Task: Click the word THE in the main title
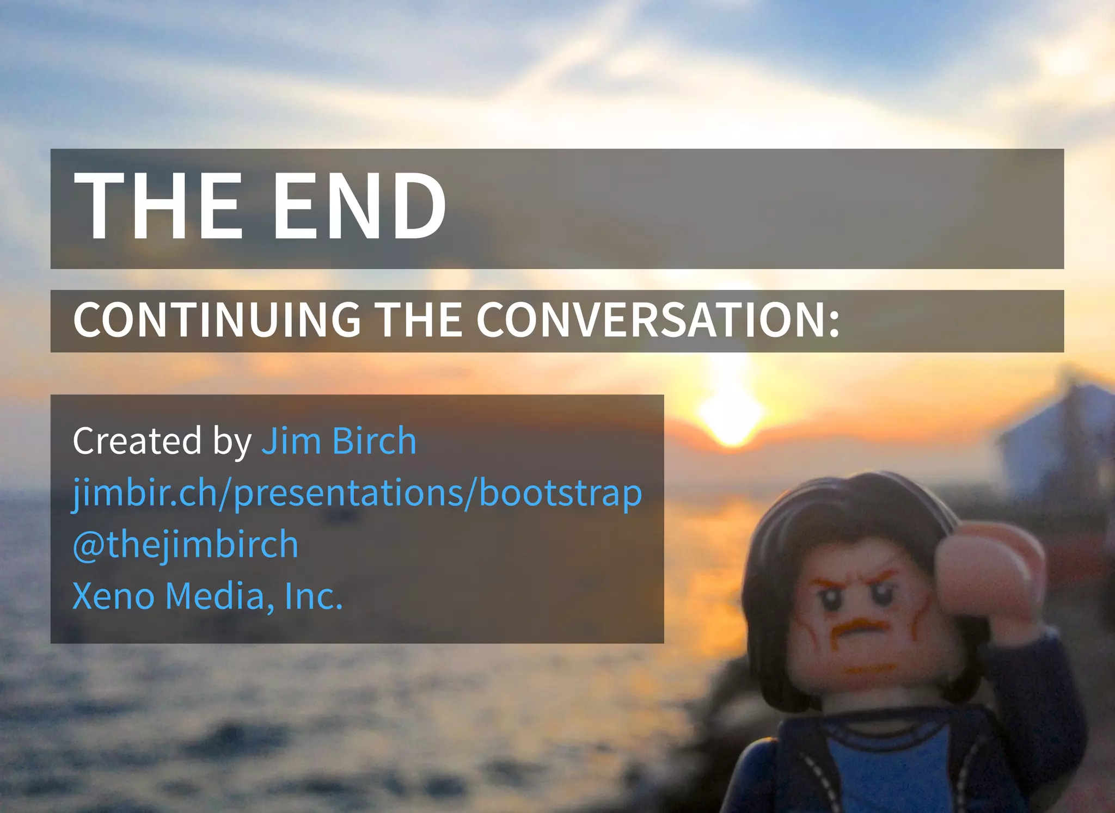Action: coord(158,206)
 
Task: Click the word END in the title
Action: coord(359,206)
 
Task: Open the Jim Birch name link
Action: coord(339,440)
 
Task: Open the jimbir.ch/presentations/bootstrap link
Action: coord(357,493)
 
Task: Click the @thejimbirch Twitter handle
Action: coord(186,544)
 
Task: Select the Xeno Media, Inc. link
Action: coord(207,596)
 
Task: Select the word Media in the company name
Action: coord(215,596)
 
